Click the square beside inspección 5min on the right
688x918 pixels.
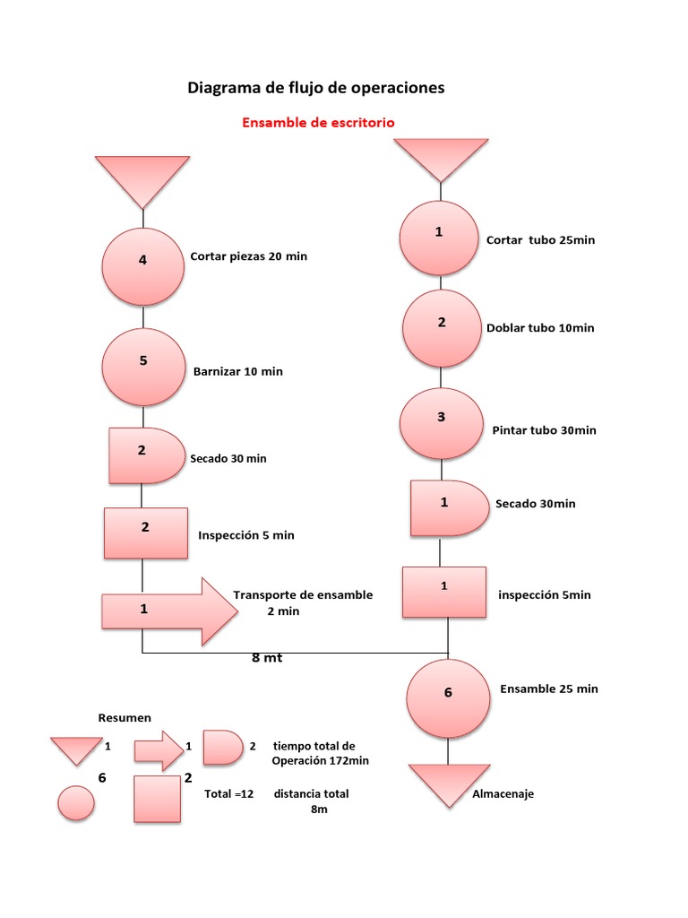point(444,592)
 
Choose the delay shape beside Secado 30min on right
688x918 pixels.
point(448,508)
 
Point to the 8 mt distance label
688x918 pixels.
point(267,658)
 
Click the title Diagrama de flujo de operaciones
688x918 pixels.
point(315,88)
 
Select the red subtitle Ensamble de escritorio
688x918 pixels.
point(318,122)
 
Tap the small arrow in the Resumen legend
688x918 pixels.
point(158,749)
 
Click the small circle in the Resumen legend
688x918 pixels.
point(76,802)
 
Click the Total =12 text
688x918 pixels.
point(229,794)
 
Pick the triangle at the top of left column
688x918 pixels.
point(142,178)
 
